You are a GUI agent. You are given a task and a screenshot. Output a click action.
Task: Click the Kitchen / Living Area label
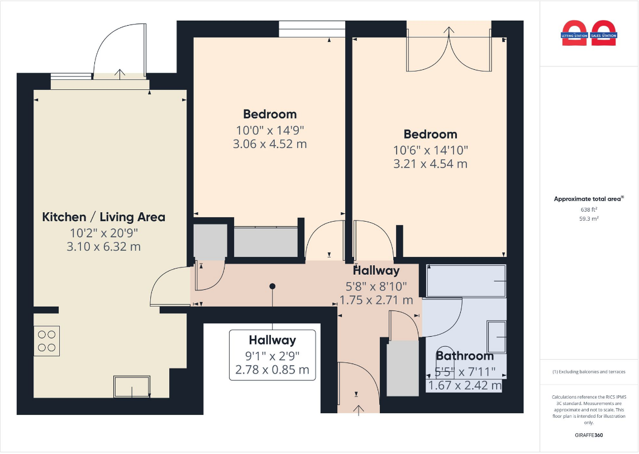(x=103, y=217)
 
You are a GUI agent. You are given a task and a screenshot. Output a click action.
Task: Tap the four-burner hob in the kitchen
(x=46, y=341)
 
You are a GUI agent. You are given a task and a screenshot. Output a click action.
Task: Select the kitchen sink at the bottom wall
(x=132, y=386)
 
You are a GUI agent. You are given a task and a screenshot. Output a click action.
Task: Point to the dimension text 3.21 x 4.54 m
(x=430, y=164)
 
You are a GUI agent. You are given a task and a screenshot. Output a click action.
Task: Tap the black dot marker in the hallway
(x=273, y=286)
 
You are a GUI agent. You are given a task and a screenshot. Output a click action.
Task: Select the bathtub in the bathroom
(x=466, y=281)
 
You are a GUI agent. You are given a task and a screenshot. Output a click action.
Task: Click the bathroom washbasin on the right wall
(x=497, y=337)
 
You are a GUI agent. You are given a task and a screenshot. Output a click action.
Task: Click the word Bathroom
(x=465, y=356)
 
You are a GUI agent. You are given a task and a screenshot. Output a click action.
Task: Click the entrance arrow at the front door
(x=358, y=410)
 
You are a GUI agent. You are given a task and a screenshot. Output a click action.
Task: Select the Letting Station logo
(x=574, y=34)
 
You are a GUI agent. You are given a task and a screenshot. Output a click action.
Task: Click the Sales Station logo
(x=603, y=34)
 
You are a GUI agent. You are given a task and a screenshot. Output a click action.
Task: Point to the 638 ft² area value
(x=589, y=209)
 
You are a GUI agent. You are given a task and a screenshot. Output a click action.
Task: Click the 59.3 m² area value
(x=589, y=219)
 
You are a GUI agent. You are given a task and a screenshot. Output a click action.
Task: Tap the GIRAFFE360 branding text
(x=589, y=435)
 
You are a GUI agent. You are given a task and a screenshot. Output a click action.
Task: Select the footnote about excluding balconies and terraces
(x=589, y=371)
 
